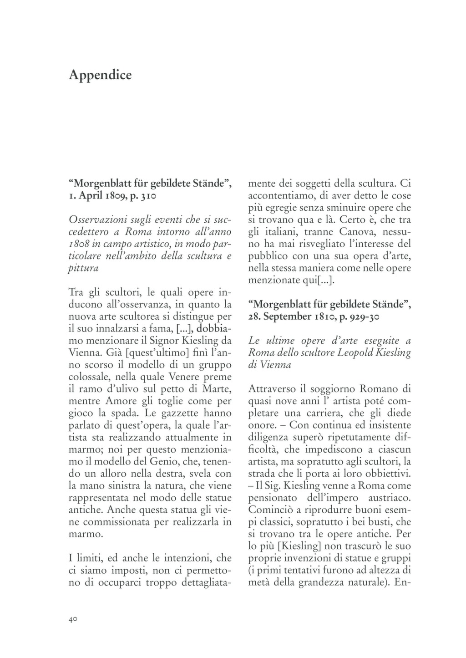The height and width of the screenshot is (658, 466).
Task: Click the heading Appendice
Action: tap(100, 75)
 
